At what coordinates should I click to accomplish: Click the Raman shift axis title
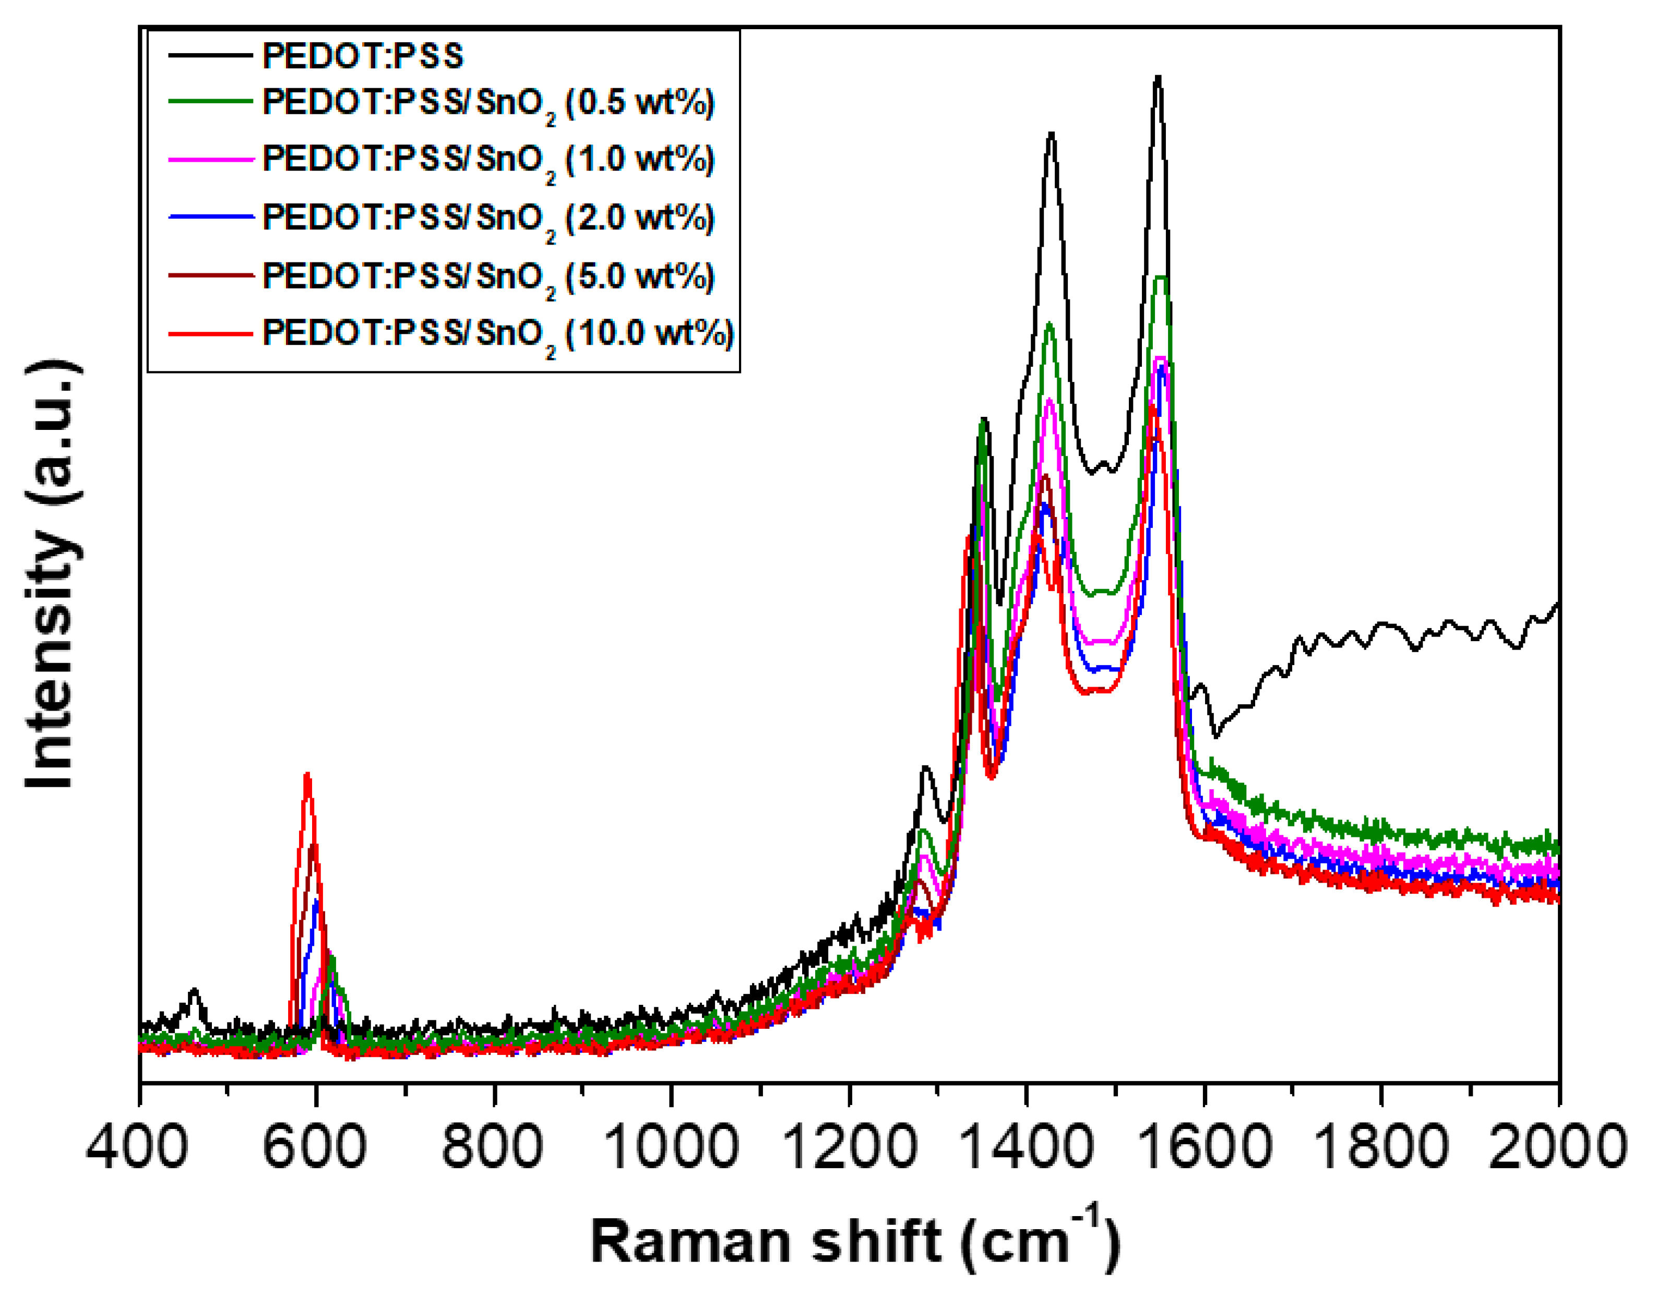click(855, 1241)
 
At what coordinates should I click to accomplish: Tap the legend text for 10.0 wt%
click(498, 334)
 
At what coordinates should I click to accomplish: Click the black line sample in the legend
click(210, 55)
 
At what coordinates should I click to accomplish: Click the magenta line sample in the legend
click(210, 160)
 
